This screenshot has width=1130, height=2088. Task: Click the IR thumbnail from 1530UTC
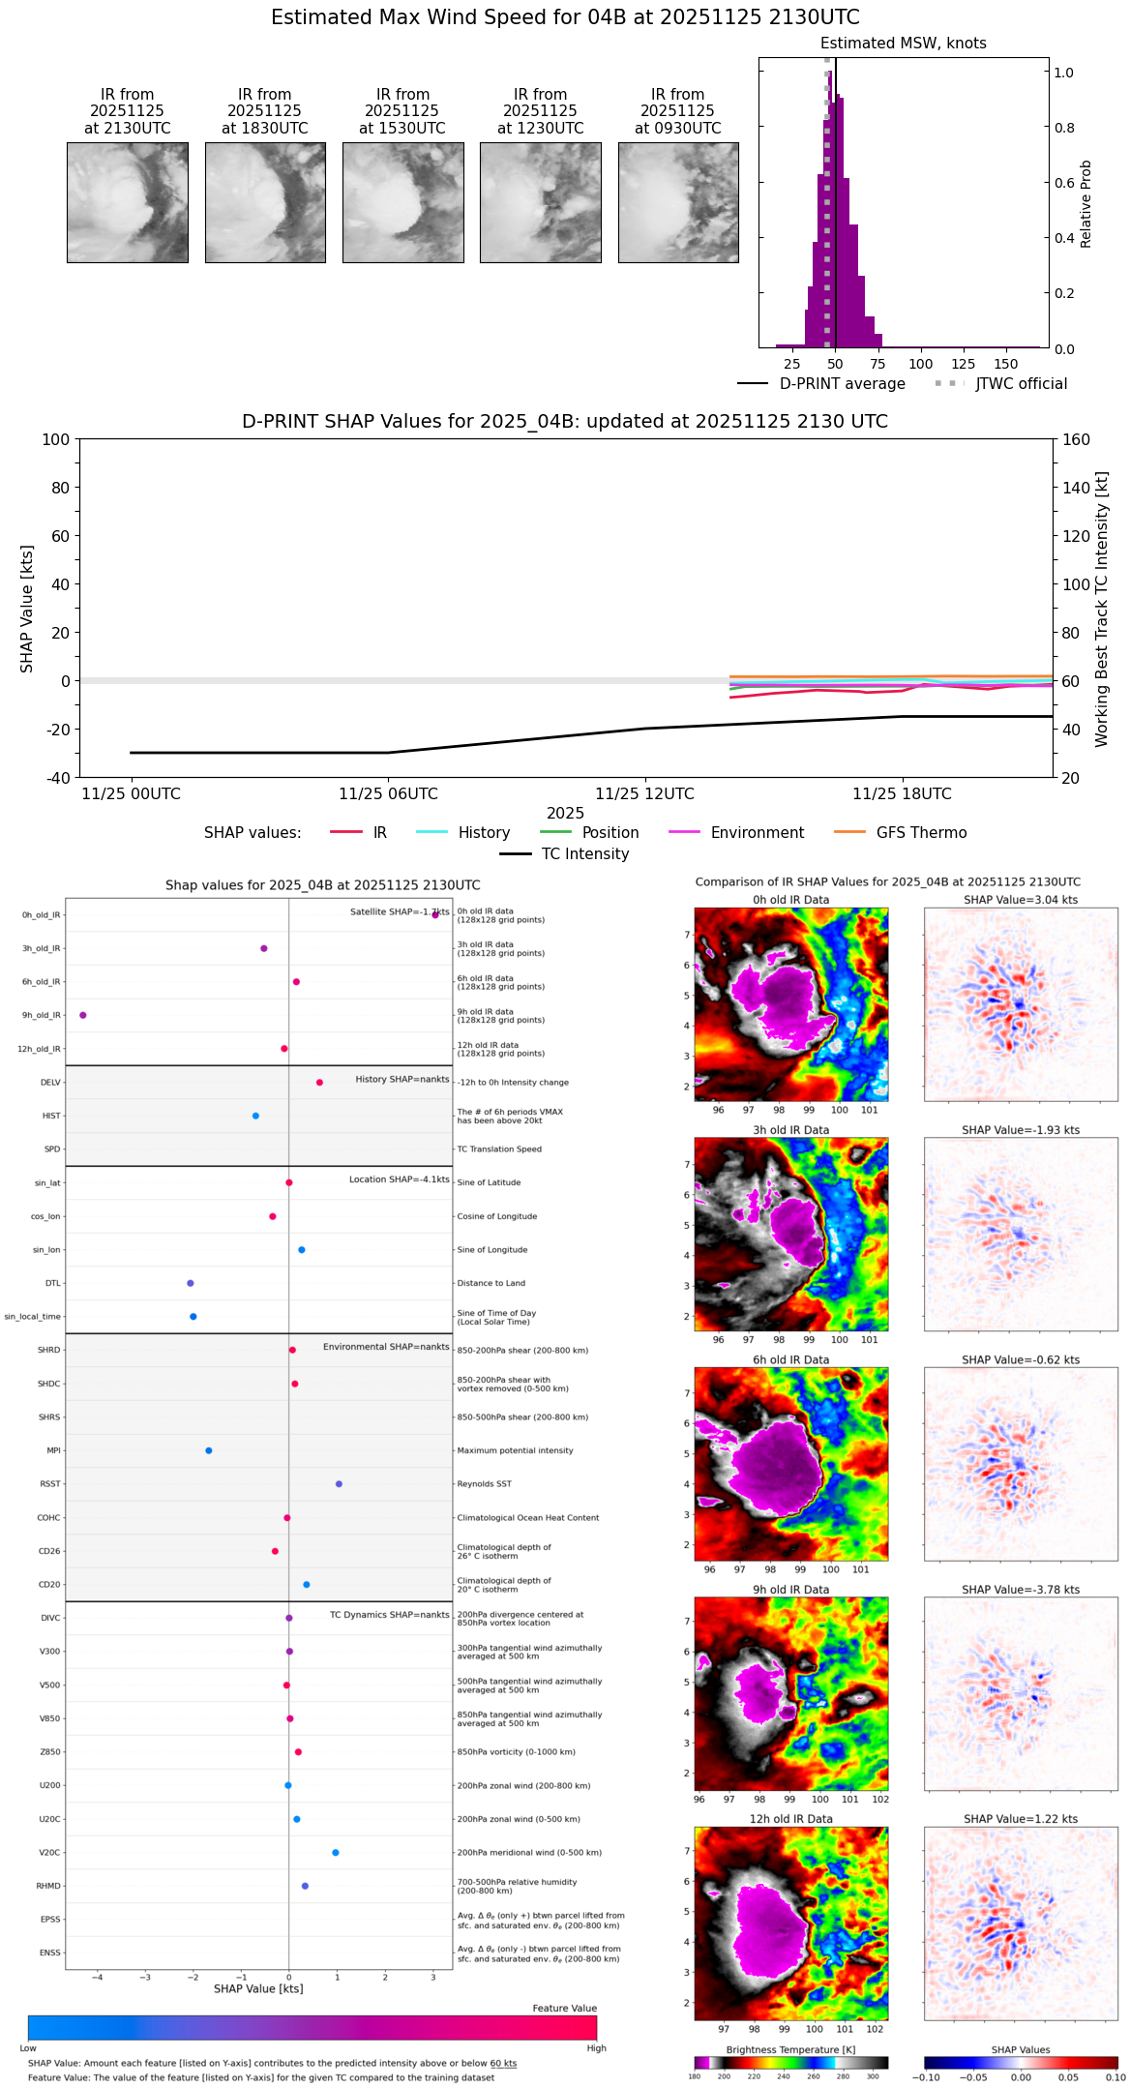pos(402,202)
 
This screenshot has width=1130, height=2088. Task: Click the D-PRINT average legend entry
pos(821,384)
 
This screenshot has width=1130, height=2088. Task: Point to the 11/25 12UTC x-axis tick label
pos(644,794)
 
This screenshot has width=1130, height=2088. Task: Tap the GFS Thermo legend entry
pos(900,833)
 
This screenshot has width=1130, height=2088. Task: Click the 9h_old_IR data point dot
pos(83,1015)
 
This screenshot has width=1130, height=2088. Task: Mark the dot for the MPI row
pos(209,1450)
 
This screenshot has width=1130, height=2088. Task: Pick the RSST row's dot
pos(339,1484)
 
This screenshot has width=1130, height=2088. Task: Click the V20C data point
pos(336,1853)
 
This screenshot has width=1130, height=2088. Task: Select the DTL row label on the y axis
pos(52,1283)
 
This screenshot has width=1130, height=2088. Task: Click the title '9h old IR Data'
pos(790,1590)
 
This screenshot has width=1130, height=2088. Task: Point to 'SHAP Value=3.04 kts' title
pos(1021,900)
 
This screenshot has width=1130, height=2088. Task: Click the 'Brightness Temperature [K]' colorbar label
pos(790,2050)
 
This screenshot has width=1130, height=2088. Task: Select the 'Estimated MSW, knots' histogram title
pos(903,44)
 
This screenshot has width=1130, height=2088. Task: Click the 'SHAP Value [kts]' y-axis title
pos(27,609)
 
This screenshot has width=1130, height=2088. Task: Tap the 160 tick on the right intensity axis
pos(1076,439)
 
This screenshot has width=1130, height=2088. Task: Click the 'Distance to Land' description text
pos(491,1283)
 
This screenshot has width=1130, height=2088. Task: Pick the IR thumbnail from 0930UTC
pos(678,202)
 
